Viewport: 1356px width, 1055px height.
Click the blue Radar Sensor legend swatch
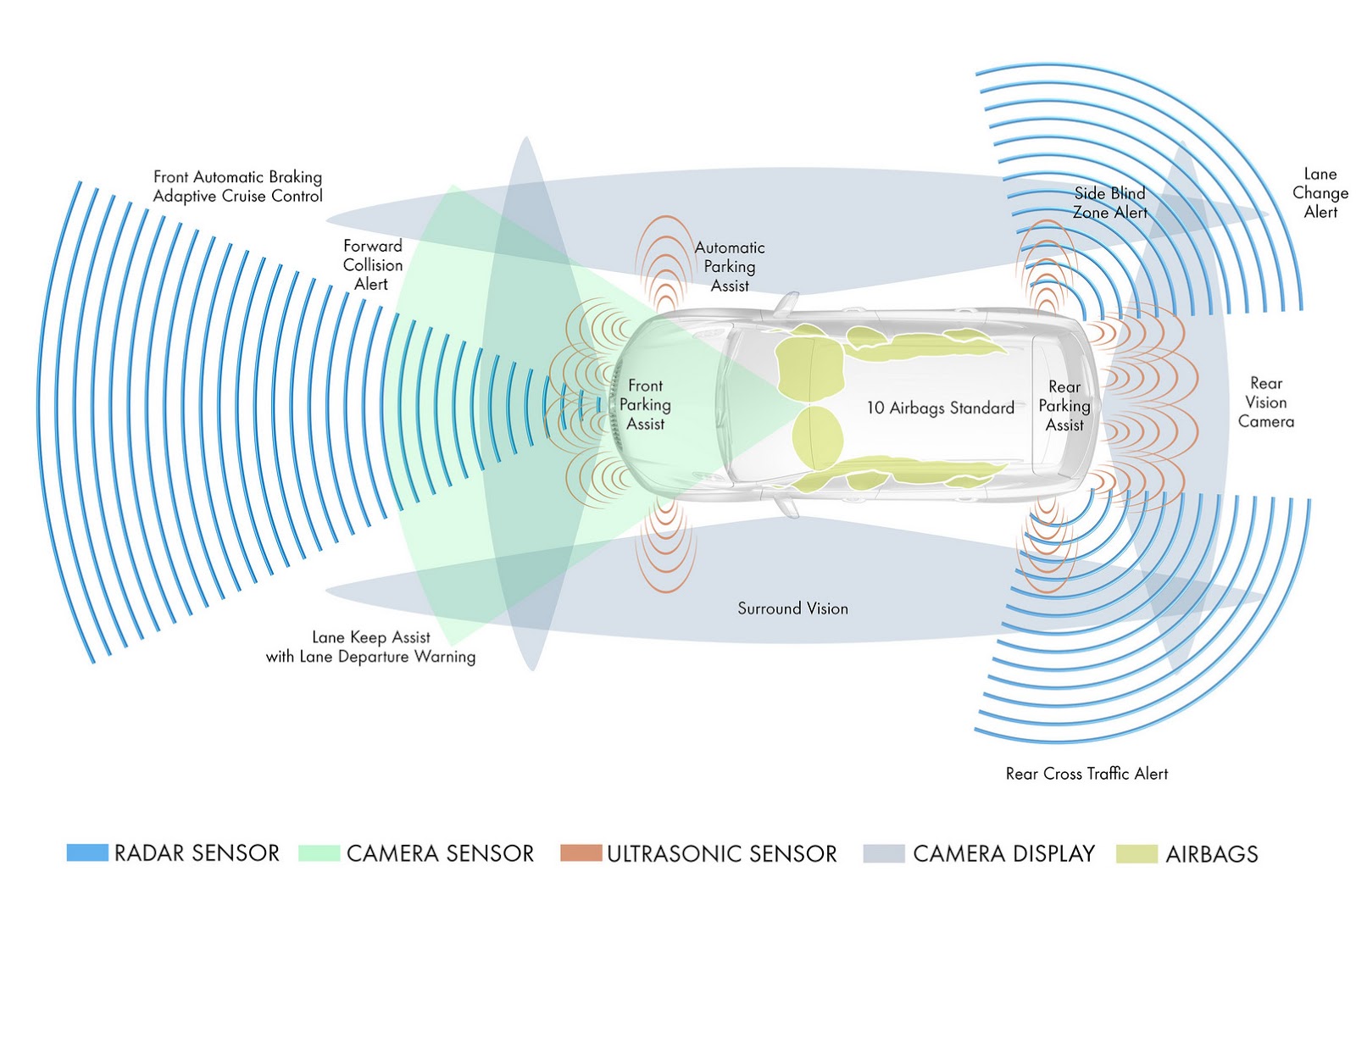coord(87,852)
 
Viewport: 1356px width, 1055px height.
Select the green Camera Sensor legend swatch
coord(320,853)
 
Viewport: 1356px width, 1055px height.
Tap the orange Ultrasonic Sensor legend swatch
coord(581,852)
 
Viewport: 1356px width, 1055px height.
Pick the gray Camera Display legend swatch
coord(884,853)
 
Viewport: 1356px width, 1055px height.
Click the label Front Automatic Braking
coord(237,177)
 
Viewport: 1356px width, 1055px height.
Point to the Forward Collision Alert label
coord(372,265)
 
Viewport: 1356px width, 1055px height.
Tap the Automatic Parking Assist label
coord(730,266)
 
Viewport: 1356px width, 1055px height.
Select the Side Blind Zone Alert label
coord(1109,203)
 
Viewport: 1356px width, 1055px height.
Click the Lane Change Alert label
coord(1320,193)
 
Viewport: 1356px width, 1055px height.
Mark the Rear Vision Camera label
coord(1266,403)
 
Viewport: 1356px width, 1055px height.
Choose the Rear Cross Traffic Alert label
coord(1086,774)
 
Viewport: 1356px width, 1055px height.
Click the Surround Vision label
coord(792,608)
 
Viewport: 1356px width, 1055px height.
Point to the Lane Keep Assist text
coord(371,637)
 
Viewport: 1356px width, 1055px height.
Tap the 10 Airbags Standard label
coord(940,408)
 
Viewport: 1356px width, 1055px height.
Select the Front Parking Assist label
coord(645,405)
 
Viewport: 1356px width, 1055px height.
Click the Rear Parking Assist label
coord(1064,406)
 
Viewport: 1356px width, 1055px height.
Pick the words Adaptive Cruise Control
coord(237,197)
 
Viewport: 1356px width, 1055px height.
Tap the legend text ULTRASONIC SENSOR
coord(721,854)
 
